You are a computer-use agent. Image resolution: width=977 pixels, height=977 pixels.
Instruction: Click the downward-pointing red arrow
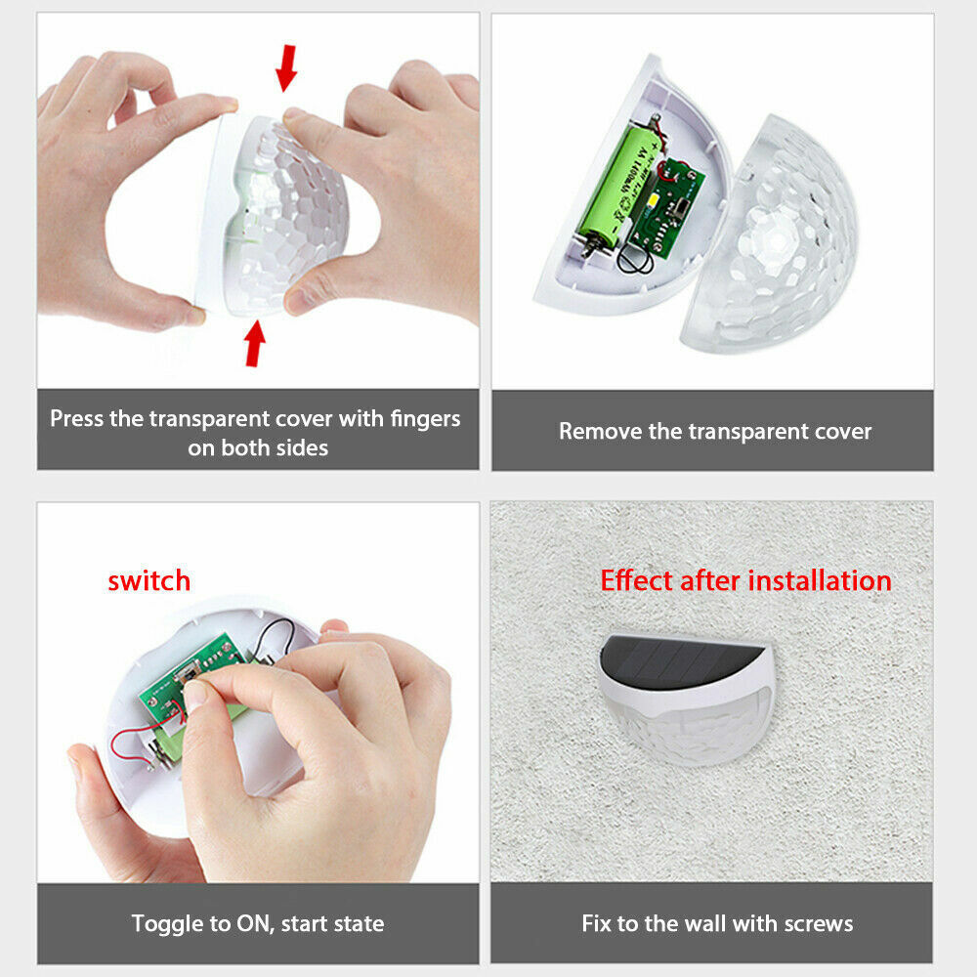tap(286, 67)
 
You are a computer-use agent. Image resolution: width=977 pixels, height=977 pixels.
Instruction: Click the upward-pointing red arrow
tap(254, 344)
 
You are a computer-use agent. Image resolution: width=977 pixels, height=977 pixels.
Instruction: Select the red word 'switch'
tap(149, 580)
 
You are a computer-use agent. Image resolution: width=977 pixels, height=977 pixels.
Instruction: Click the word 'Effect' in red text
tap(636, 580)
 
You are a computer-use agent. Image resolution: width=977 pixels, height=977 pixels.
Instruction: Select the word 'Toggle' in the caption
tap(165, 923)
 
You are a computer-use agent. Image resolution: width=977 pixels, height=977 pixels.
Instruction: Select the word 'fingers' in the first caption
tap(426, 419)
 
